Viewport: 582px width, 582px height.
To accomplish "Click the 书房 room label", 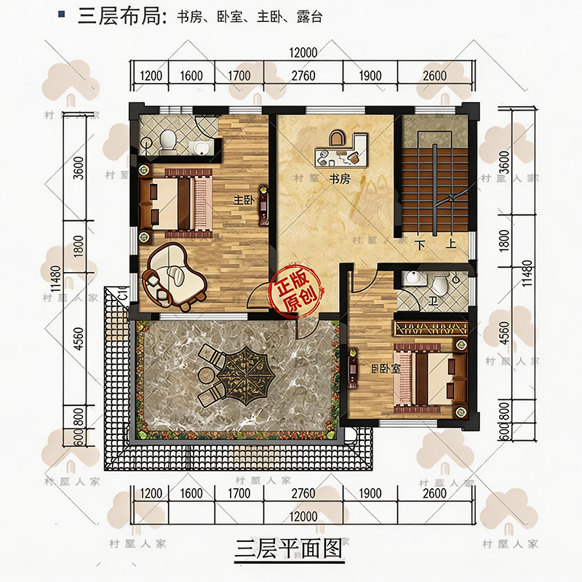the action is point(340,179).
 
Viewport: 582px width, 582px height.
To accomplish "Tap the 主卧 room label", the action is point(244,201).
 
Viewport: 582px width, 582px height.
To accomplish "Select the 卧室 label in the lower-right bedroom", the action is point(386,369).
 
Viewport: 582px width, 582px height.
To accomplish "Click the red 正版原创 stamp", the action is point(296,290).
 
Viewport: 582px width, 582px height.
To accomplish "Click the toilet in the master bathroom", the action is point(168,143).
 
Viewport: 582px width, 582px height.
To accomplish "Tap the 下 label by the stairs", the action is point(420,245).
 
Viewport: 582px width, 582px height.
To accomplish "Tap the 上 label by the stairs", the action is point(451,244).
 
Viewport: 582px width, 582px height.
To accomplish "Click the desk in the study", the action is point(340,151).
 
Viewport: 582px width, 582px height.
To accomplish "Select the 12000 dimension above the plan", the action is point(303,52).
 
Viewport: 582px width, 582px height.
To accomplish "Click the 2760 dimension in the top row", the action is point(303,76).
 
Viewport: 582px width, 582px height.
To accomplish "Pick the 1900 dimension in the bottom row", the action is point(370,493).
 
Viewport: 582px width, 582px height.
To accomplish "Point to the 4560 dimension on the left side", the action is point(79,338).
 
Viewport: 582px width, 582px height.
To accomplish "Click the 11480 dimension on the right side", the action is point(527,273).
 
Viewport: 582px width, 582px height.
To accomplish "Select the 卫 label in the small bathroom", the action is point(433,300).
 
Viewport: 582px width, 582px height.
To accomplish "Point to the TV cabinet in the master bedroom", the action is point(263,205).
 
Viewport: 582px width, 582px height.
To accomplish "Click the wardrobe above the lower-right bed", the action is point(431,328).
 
